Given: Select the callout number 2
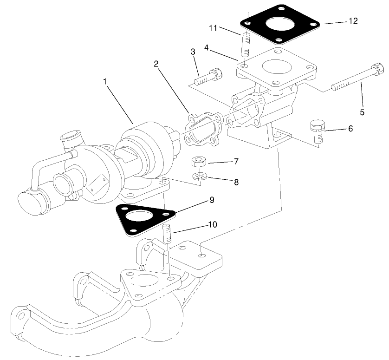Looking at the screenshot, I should [x=157, y=64].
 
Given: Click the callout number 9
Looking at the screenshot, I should [x=211, y=200].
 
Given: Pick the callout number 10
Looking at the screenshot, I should [x=213, y=224].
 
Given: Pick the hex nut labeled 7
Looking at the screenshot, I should [x=199, y=162].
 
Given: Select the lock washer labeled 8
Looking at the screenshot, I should [x=199, y=177].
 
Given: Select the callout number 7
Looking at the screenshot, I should [x=236, y=161].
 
